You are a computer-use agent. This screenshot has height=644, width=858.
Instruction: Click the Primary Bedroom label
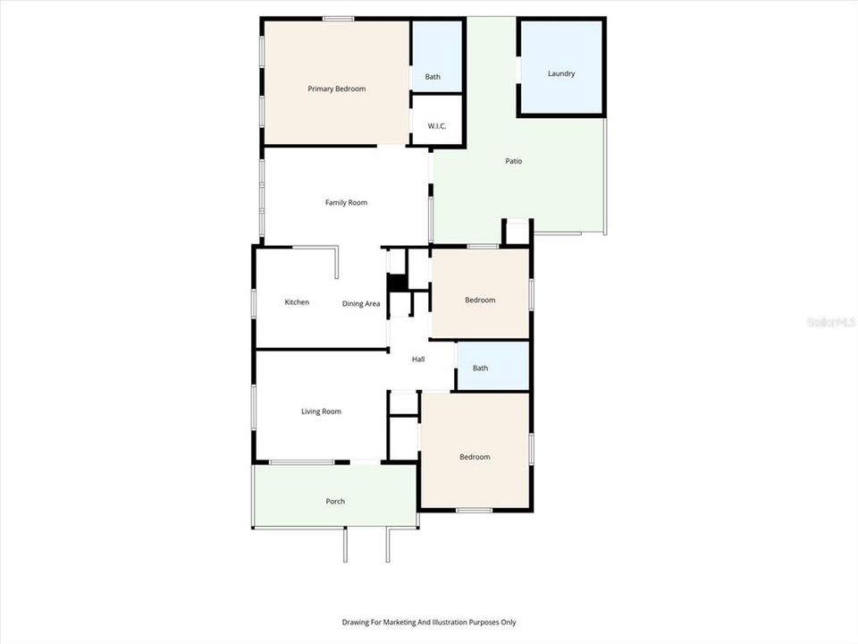click(336, 89)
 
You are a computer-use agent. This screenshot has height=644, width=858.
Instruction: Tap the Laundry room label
click(561, 73)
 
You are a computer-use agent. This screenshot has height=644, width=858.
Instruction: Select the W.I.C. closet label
click(436, 126)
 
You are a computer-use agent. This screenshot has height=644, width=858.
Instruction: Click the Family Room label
click(346, 202)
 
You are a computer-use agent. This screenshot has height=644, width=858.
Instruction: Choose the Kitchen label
click(297, 302)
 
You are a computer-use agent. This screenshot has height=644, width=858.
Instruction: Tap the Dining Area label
click(361, 304)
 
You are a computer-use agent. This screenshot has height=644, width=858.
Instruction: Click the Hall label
click(417, 360)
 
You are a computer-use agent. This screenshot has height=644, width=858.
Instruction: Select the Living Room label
click(321, 411)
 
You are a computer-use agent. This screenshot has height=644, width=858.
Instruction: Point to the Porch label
click(335, 501)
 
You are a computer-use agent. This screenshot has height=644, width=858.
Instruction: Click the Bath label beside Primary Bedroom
click(433, 77)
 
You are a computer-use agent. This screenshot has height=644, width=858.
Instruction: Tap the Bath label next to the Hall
click(480, 368)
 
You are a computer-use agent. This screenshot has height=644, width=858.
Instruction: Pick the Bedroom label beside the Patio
click(480, 300)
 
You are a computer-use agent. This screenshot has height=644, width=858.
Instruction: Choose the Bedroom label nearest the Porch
click(475, 457)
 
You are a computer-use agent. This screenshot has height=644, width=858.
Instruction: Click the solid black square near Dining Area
click(398, 283)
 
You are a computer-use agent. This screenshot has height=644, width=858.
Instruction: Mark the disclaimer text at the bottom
click(429, 622)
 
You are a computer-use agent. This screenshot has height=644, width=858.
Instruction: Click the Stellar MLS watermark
click(831, 320)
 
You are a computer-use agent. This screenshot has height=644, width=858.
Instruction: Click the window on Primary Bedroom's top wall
click(338, 19)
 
